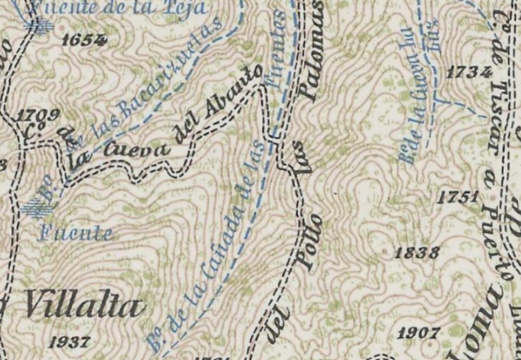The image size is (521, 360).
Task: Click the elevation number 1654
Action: coord(84,40)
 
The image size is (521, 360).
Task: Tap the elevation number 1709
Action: coord(38,115)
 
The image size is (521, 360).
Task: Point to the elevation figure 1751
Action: coord(458,197)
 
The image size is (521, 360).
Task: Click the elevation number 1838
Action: coord(417,252)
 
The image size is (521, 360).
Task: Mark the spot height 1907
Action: coord(419,333)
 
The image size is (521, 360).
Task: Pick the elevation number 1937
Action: coord(70,342)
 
